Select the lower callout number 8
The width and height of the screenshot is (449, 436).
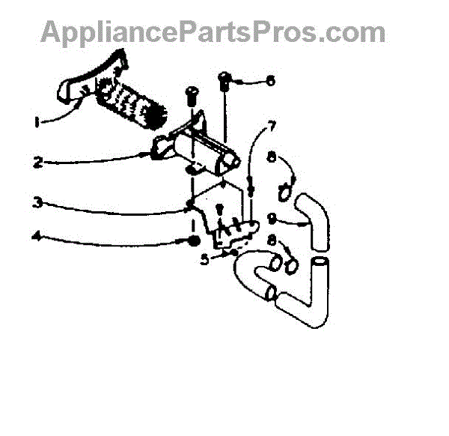[x=270, y=240]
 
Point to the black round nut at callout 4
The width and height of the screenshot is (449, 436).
[x=193, y=241]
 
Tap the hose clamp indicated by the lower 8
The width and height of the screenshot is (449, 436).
[x=290, y=264]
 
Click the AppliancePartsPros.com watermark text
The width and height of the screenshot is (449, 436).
[x=213, y=32]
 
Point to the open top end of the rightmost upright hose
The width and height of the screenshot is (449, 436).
[x=320, y=263]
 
